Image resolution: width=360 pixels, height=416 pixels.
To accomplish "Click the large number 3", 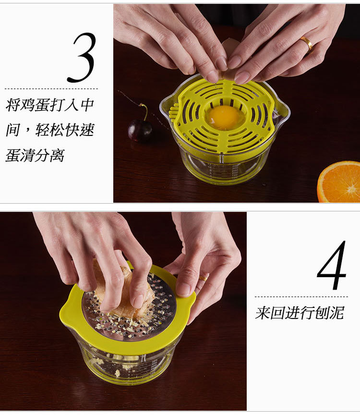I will tap(82, 58).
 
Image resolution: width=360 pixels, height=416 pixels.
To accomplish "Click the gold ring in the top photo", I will tap(307, 43).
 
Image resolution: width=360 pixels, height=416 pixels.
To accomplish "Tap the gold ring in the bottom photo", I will tap(203, 278).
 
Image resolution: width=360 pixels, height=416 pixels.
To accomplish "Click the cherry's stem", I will tap(144, 111).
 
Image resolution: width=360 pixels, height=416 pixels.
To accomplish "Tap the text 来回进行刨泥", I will tap(300, 313).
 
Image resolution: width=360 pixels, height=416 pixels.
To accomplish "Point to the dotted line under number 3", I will tap(51, 89).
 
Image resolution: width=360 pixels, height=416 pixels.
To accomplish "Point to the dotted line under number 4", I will tap(301, 297).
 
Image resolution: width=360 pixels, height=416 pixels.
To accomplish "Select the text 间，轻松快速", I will tap(50, 130).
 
